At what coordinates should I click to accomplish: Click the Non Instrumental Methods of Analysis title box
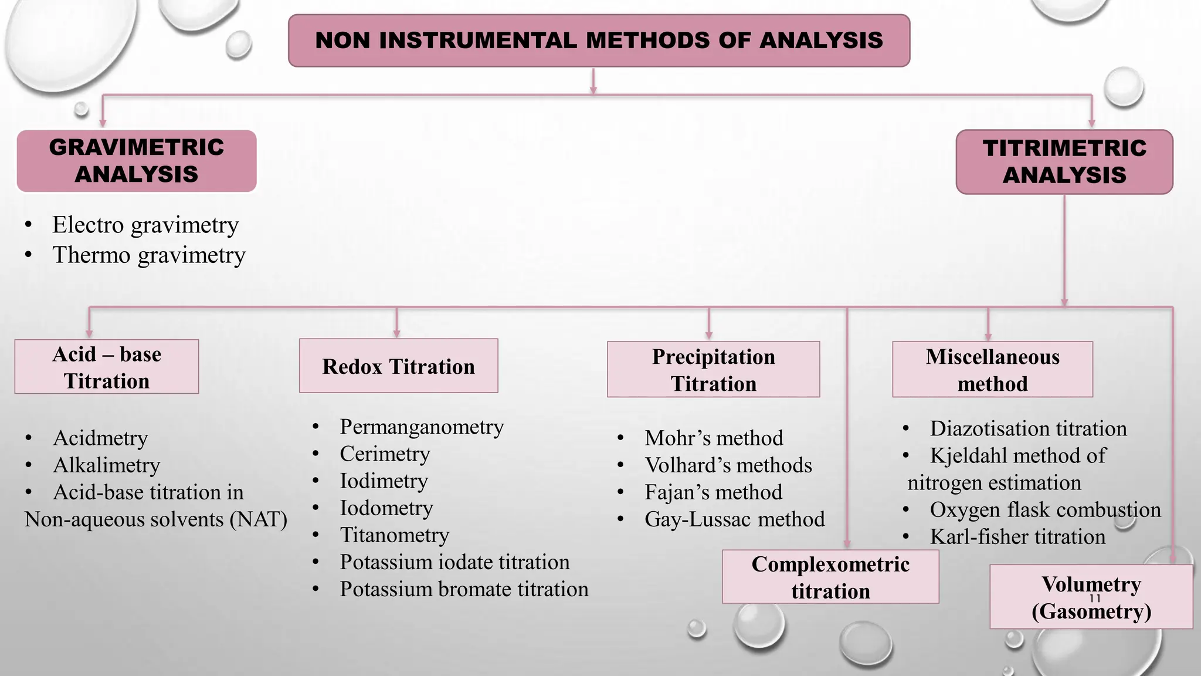[599, 40]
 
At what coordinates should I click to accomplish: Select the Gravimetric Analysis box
[137, 161]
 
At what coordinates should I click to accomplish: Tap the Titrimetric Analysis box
[1064, 161]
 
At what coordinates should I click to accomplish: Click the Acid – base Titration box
[107, 367]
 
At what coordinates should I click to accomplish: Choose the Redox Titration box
[398, 366]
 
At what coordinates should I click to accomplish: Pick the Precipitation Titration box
[713, 370]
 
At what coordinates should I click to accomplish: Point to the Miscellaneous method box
[992, 370]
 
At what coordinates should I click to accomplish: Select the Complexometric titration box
[830, 577]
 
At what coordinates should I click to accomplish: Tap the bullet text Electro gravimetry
[145, 225]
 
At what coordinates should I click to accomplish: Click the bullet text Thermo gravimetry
[148, 255]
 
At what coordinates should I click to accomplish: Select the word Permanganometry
[421, 427]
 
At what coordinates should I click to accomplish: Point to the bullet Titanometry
[394, 535]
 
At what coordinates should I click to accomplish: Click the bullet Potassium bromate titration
[463, 589]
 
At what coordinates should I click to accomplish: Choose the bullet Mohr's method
[713, 438]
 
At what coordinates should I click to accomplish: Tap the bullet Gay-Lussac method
[734, 519]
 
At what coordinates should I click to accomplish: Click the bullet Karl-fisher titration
[1017, 536]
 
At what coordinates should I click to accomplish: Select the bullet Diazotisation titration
[1027, 428]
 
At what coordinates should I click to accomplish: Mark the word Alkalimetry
[106, 465]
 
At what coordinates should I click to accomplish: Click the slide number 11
[1095, 598]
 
